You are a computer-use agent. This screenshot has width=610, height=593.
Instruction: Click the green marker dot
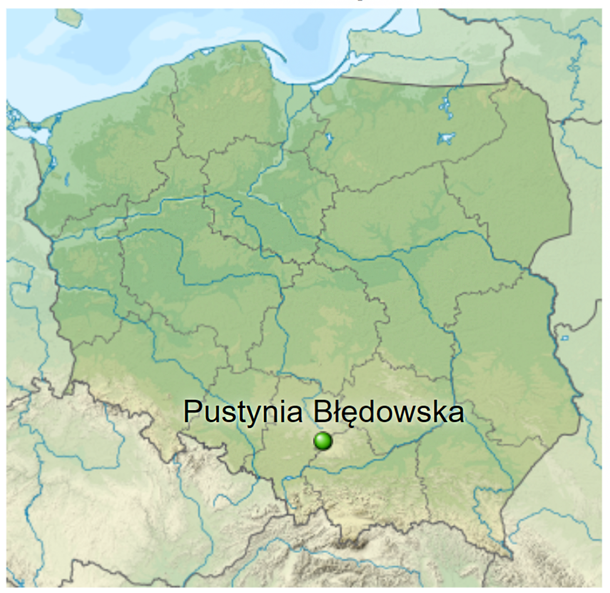322,441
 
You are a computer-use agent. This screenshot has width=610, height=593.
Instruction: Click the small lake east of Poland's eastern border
564,338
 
